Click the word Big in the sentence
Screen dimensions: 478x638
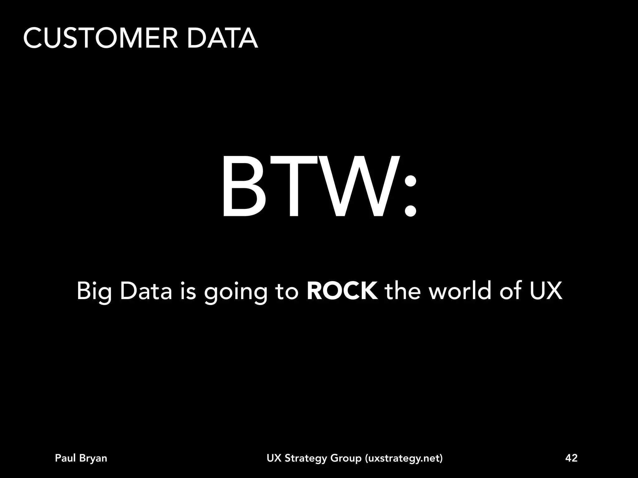94,292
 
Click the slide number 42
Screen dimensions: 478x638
571,458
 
